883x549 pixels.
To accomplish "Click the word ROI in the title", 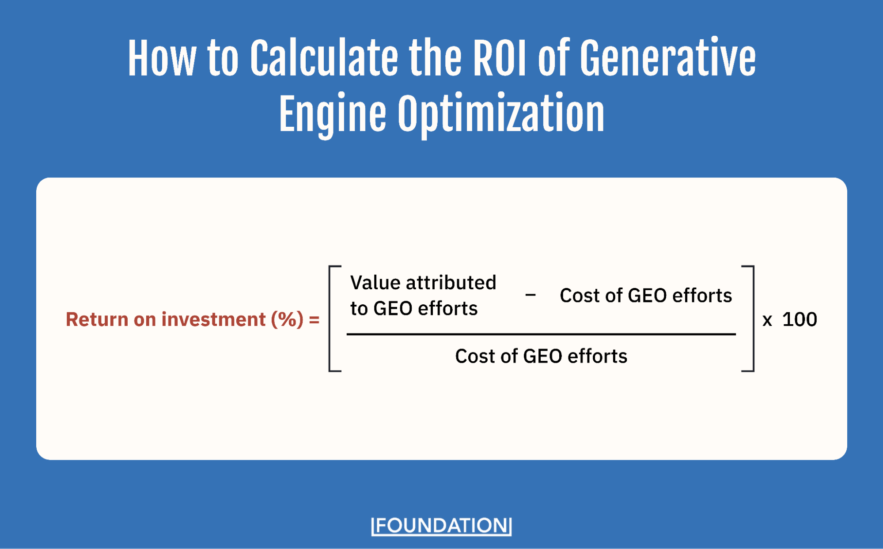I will [x=500, y=59].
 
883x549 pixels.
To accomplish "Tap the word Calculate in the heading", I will [x=324, y=59].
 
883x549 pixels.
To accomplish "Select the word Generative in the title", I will [x=667, y=59].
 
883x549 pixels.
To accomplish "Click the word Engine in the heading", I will [x=332, y=115].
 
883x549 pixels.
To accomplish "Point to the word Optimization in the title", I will [x=501, y=115].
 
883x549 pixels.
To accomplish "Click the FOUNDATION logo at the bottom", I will [x=441, y=526].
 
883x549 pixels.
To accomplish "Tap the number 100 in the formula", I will [x=800, y=319].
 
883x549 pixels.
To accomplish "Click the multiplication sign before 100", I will [x=767, y=320].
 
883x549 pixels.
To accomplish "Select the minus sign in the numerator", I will [x=531, y=295].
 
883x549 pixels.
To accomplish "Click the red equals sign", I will [x=314, y=320].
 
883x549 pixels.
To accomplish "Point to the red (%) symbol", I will [x=287, y=319].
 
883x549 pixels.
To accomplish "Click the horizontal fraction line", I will [x=541, y=334].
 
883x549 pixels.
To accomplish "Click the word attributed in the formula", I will [x=451, y=283].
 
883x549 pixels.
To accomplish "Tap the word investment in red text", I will [x=213, y=319].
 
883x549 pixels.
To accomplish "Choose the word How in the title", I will [x=162, y=59].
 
